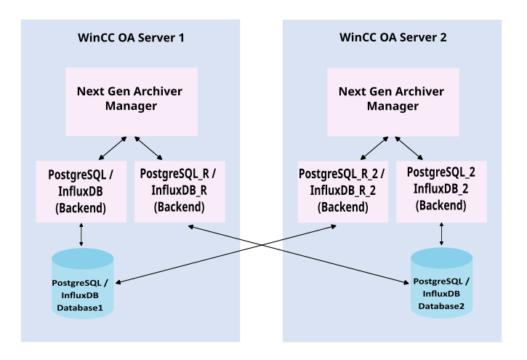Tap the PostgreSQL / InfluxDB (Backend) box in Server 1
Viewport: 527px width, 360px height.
[x=81, y=191]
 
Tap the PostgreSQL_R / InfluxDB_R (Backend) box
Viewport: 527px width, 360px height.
[x=178, y=191]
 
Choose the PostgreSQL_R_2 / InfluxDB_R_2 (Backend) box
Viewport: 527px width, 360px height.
[x=342, y=191]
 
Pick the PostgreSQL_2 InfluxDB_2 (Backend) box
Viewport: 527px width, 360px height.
[x=441, y=191]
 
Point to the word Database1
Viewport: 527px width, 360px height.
[x=81, y=308]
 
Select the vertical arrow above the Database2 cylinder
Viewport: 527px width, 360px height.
[x=440, y=235]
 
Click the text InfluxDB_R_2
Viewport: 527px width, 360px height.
[x=342, y=191]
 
